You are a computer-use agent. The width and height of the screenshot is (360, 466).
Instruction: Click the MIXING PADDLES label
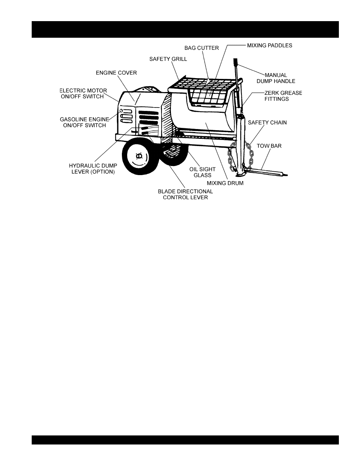(x=269, y=46)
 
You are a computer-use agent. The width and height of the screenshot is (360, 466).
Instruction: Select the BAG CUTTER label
(x=202, y=48)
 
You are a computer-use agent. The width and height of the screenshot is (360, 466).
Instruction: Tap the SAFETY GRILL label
(x=168, y=59)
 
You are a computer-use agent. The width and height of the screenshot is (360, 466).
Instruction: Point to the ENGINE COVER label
(x=116, y=73)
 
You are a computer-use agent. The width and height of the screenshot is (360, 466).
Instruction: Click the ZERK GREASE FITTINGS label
(x=283, y=96)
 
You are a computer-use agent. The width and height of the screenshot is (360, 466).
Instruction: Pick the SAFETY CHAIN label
(x=267, y=123)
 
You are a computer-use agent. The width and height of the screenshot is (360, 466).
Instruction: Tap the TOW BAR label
(x=269, y=146)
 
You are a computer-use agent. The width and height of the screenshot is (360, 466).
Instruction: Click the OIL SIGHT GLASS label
(x=202, y=172)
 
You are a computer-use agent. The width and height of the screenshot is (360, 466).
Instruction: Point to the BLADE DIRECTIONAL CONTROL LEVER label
(x=185, y=194)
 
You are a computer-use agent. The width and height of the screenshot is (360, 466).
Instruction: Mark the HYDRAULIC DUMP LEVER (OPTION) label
(x=93, y=169)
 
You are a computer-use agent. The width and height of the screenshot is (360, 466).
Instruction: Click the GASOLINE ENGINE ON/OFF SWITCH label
(x=85, y=122)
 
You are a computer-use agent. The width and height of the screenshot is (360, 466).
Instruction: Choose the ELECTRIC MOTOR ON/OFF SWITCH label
(x=84, y=94)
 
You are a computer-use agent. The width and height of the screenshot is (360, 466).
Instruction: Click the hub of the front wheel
(x=138, y=156)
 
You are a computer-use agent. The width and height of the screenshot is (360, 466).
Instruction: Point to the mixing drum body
(x=204, y=121)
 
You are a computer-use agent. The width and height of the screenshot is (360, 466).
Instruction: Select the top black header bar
(x=185, y=29)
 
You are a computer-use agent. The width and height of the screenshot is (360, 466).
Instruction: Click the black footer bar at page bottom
(x=185, y=440)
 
